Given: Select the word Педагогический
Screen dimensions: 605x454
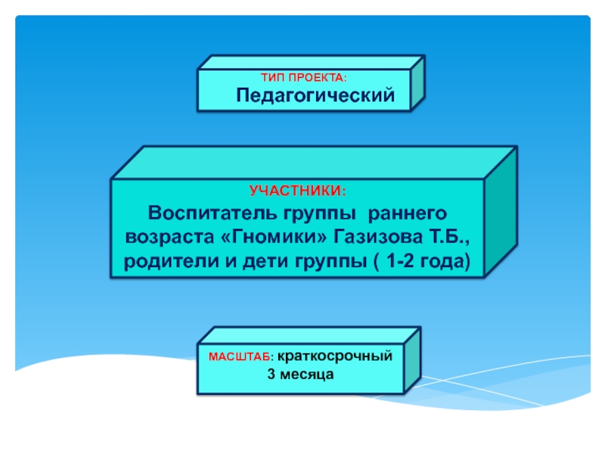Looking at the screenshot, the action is point(316,96).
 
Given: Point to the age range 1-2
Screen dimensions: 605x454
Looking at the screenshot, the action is point(407,263).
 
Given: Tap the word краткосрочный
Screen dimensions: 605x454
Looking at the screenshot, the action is point(334,356).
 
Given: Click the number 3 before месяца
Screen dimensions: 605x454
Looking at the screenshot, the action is point(271,375).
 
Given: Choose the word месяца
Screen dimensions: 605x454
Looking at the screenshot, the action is point(306,375).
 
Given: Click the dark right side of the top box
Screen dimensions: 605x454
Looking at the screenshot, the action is point(417,82).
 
